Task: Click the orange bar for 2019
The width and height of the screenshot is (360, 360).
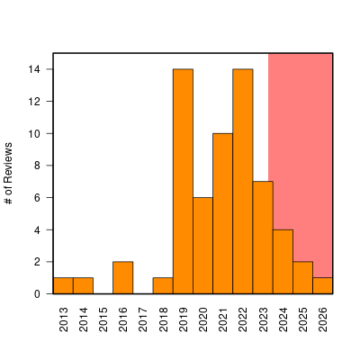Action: [183, 182]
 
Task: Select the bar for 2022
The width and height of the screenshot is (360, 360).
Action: [243, 182]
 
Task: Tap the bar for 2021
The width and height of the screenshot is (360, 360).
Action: [223, 213]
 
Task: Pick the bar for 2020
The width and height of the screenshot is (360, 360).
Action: [202, 246]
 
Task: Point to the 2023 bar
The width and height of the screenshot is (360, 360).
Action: [263, 238]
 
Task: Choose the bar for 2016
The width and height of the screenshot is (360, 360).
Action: [123, 278]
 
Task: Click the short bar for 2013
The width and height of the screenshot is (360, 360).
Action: [63, 286]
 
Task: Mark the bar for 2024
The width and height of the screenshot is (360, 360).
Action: [283, 262]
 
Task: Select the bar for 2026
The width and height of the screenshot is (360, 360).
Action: [322, 286]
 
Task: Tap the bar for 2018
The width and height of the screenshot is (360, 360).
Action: [163, 286]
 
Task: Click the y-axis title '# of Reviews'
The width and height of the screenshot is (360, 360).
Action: [9, 174]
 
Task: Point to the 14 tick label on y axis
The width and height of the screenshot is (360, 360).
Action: [34, 69]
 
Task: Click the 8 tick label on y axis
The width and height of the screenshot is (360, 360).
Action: [37, 166]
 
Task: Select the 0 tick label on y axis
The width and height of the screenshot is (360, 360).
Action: [37, 294]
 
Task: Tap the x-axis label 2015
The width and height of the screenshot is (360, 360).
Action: [103, 319]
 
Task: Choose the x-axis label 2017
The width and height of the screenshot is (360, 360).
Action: [143, 319]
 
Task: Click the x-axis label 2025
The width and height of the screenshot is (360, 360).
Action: [302, 319]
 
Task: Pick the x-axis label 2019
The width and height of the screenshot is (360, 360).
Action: [183, 319]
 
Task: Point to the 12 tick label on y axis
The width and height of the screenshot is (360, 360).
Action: [34, 102]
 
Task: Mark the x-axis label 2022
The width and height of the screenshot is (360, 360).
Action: [243, 319]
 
